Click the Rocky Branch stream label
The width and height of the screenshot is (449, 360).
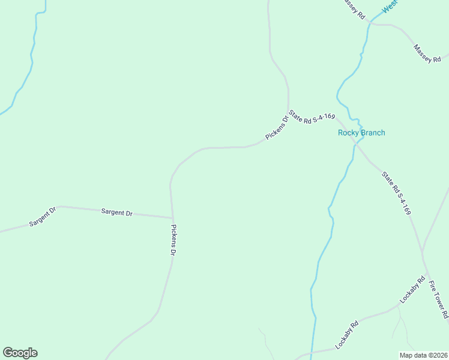coord(361,133)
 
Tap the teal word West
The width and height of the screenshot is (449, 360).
coord(390,6)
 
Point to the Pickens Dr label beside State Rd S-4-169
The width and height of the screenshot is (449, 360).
coord(277,128)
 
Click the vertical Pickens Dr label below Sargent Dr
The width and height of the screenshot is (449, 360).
coord(173,241)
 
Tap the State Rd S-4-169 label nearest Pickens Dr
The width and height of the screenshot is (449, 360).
coord(311,116)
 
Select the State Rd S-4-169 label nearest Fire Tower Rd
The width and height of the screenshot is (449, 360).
coord(397,193)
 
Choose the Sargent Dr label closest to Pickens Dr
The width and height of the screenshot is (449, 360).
coord(116,212)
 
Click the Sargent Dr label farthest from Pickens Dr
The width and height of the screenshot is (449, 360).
coord(42,217)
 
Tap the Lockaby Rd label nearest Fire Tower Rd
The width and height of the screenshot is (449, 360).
coord(413,289)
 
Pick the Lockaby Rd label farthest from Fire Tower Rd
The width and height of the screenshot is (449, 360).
coord(347,335)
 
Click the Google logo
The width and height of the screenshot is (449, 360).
coord(20,353)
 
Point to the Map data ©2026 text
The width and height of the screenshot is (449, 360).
coord(423,355)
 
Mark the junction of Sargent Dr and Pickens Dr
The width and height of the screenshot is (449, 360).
coord(173,217)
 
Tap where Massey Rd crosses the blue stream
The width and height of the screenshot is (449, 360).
coord(370,23)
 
